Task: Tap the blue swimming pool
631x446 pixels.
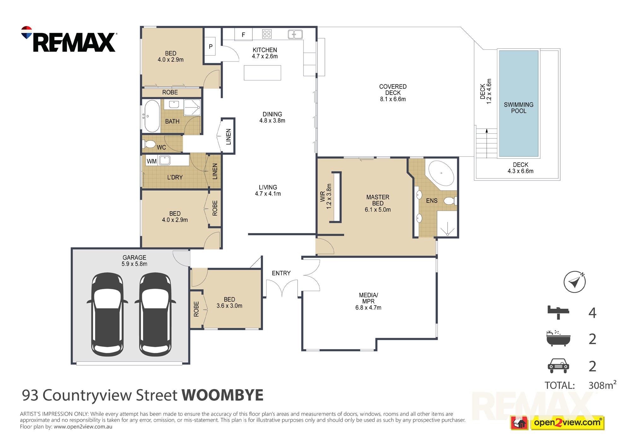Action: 518,103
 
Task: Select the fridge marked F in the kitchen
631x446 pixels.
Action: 243,34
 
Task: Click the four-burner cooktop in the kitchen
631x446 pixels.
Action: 267,34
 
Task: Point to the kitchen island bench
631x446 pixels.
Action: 262,73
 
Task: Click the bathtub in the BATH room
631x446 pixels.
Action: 152,116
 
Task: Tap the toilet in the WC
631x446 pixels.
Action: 149,144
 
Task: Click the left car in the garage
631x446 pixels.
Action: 107,314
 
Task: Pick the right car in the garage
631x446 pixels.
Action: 155,314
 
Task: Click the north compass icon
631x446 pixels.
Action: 575,282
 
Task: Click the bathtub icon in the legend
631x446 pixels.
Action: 558,338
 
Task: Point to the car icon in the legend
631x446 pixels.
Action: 558,366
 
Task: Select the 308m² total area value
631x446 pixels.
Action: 602,385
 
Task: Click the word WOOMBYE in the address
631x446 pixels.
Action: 222,395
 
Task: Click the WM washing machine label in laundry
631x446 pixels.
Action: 151,161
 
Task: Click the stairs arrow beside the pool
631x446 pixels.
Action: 487,143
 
